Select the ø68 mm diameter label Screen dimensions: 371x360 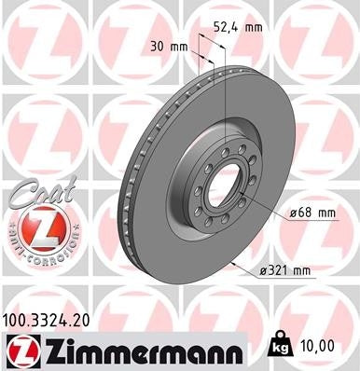[x=312, y=213]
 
